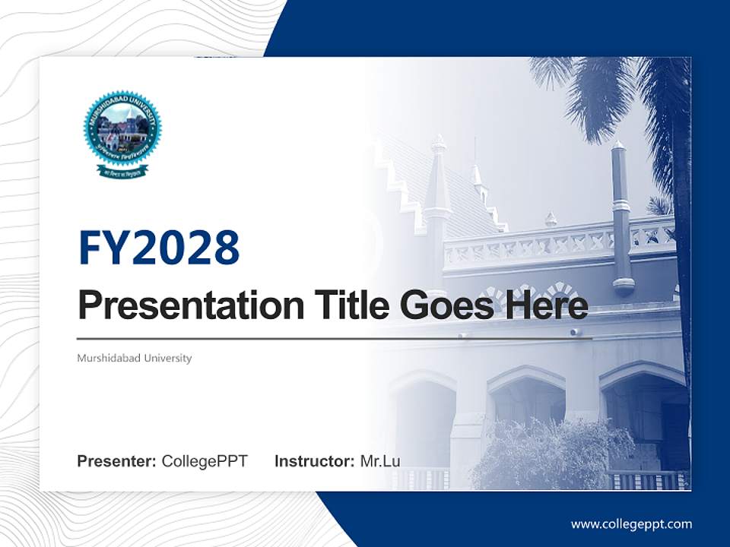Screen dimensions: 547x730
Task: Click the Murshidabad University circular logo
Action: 122,130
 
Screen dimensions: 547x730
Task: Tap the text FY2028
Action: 159,248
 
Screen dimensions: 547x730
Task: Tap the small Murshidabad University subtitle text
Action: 134,358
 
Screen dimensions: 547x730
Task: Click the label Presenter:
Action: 117,461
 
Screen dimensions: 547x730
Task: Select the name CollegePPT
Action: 205,461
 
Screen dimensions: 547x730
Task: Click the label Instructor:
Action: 314,461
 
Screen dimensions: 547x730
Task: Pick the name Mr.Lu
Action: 380,461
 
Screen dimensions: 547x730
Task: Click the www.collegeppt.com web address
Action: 631,524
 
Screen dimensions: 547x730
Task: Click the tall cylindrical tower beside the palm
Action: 622,220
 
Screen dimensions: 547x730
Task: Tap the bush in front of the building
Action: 540,456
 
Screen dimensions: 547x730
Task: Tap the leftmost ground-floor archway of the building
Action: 423,418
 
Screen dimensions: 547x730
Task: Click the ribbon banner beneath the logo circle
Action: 122,171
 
